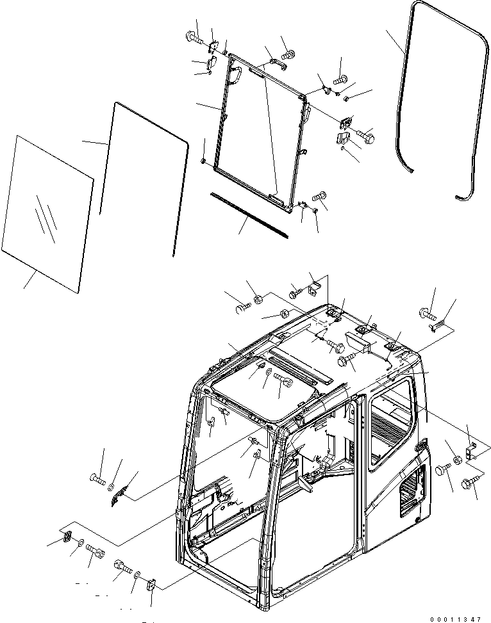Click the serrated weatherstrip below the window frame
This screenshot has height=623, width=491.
[248, 213]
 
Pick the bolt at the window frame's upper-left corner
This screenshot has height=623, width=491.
[194, 37]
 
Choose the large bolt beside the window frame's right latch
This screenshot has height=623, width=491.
[367, 136]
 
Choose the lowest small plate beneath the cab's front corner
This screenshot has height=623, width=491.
[152, 585]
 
